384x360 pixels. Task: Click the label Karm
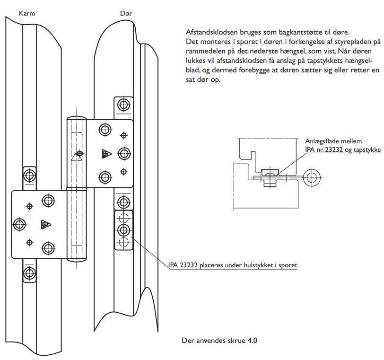click(x=26, y=13)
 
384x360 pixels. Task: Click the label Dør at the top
click(x=126, y=13)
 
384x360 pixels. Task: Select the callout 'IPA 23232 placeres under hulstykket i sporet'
click(x=233, y=265)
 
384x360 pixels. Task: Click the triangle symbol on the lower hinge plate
click(x=46, y=225)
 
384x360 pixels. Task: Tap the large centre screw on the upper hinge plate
click(x=124, y=153)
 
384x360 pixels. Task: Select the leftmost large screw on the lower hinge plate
click(x=20, y=224)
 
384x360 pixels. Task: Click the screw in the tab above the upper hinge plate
click(x=124, y=105)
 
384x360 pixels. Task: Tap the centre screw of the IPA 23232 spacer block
click(x=124, y=230)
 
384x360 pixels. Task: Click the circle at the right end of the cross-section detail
click(x=311, y=178)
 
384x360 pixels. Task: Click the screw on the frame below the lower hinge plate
click(x=29, y=272)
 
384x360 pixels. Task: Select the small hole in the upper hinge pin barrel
click(x=79, y=153)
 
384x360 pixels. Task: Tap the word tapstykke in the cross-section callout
click(x=367, y=149)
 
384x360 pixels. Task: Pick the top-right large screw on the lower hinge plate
click(x=48, y=200)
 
